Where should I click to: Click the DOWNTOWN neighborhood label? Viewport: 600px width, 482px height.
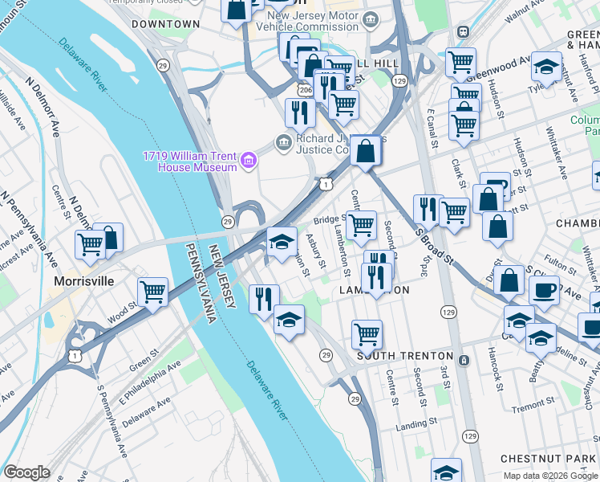(x=165, y=24)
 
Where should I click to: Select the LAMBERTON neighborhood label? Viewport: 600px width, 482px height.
(x=375, y=290)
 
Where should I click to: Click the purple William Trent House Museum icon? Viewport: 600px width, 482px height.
(x=249, y=161)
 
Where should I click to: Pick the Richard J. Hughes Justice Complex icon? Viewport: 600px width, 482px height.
(x=282, y=143)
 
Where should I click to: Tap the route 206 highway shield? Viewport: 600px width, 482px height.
(x=306, y=92)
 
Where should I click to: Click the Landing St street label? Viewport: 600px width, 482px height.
(x=416, y=421)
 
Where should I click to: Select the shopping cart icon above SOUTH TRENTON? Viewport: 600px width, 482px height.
(x=367, y=333)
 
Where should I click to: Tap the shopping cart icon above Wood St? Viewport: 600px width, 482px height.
(x=152, y=292)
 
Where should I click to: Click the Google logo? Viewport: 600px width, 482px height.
(x=26, y=472)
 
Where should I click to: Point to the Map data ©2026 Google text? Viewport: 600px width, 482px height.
(x=550, y=476)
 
